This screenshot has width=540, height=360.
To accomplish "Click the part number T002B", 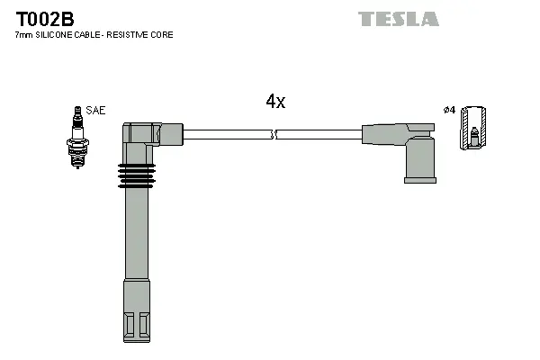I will pyautogui.click(x=40, y=17).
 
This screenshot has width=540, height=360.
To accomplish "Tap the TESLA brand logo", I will pyautogui.click(x=398, y=19).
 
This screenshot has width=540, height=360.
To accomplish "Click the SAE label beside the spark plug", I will pyautogui.click(x=95, y=111).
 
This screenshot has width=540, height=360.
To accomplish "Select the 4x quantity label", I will pyautogui.click(x=275, y=102).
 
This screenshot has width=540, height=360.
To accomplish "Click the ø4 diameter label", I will pyautogui.click(x=449, y=111).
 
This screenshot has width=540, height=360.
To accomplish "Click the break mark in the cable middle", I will pyautogui.click(x=274, y=135).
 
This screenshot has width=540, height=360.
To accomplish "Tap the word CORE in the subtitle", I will pyautogui.click(x=163, y=35).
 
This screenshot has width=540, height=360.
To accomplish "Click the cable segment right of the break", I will pyautogui.click(x=319, y=135).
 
